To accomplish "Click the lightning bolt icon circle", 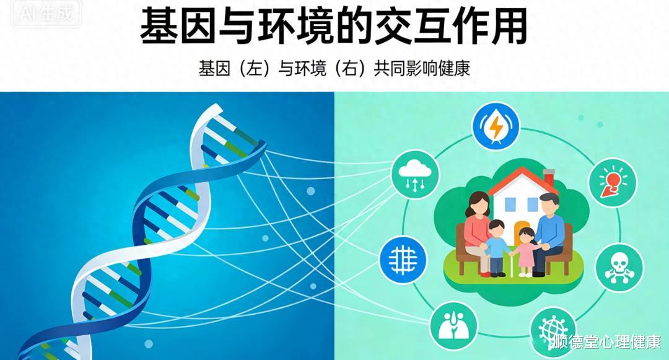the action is click(x=496, y=126).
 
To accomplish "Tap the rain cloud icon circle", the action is click(x=415, y=174).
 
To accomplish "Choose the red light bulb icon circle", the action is click(x=613, y=182).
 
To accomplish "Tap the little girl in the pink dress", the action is click(x=526, y=252).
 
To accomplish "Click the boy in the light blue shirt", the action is click(x=496, y=247).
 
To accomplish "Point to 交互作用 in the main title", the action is click(x=450, y=26).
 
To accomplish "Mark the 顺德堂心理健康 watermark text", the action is click(x=607, y=341).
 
